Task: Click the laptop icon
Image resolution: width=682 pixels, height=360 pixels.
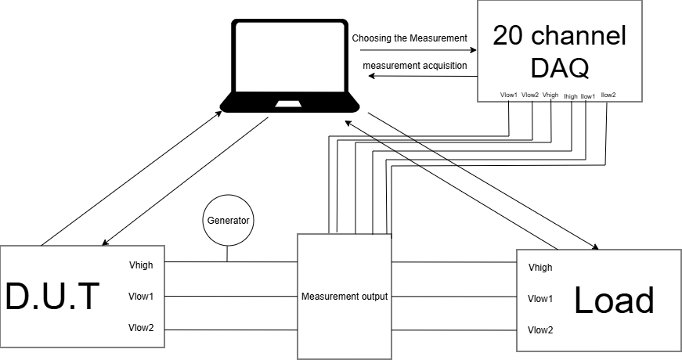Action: coord(290,67)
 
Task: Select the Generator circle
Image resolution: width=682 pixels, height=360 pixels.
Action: coord(228,220)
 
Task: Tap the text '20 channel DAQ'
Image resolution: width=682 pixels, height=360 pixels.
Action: coord(559,52)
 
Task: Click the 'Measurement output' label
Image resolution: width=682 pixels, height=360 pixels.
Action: coord(345,297)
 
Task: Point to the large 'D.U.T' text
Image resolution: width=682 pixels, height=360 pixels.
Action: coord(53,297)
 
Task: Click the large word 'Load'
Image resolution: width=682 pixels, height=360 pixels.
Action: coord(614,301)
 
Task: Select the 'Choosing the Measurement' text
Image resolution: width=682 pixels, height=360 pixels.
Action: coord(409,38)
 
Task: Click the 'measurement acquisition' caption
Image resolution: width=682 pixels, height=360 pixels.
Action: coord(414,66)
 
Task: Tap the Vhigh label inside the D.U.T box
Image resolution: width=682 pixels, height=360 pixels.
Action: coord(141,265)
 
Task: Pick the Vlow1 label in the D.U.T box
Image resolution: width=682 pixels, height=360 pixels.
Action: coord(141,297)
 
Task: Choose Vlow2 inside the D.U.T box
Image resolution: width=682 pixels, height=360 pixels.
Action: coord(141,329)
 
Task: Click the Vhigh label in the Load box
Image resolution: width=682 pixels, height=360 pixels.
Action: coord(540,268)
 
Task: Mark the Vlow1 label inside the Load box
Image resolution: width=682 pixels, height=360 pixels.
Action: coord(540,299)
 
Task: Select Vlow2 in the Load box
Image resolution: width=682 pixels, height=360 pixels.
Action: coord(540,329)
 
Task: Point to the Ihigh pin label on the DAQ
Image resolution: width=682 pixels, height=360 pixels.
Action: coord(571,96)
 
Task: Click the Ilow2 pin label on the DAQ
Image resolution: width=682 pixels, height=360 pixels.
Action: coord(608,95)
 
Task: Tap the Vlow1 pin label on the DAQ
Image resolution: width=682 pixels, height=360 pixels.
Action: coord(509,95)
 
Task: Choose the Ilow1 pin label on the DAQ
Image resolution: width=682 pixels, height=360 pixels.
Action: coord(588,96)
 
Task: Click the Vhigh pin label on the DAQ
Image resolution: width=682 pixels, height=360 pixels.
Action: coord(550,95)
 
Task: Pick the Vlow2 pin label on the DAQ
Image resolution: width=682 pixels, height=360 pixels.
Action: coord(530,95)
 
